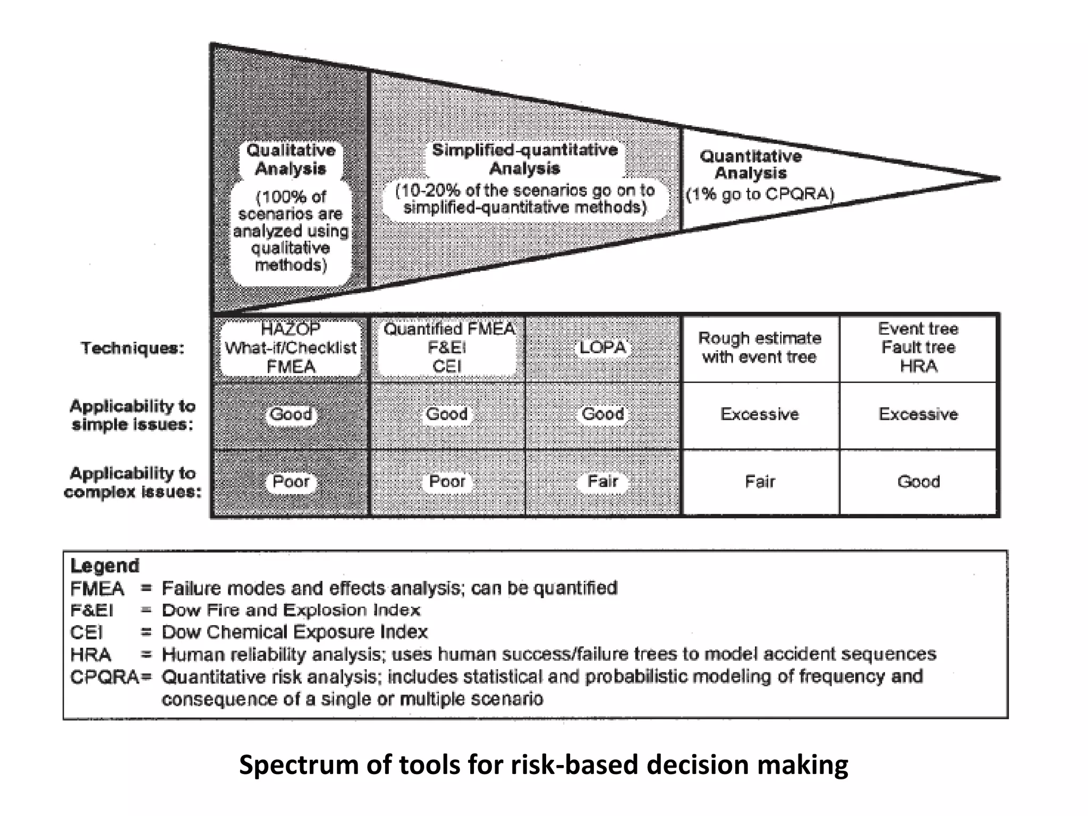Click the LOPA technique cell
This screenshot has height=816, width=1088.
point(602,348)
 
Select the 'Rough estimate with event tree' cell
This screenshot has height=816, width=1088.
point(760,347)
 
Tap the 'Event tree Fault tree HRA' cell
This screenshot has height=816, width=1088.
point(918,347)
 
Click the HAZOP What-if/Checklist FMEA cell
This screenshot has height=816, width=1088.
point(291,348)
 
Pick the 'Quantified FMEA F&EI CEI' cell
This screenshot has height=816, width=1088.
point(447,348)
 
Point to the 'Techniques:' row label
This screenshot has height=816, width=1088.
point(132,348)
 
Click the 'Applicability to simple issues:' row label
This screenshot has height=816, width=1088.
point(133,415)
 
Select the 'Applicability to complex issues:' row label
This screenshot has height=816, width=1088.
point(133,482)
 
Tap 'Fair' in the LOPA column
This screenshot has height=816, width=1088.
point(602,482)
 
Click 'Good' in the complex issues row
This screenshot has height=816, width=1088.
point(918,482)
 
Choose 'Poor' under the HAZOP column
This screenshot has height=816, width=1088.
point(291,482)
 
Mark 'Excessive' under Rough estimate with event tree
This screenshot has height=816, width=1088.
point(760,414)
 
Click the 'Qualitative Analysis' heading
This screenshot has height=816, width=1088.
point(291,159)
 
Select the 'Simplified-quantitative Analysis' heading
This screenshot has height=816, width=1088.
point(525,159)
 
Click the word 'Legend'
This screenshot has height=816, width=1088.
point(105,566)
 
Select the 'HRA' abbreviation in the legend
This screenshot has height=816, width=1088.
point(90,654)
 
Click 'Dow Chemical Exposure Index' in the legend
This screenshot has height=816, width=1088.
point(294,632)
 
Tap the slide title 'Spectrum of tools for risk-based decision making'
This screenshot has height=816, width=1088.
point(543,766)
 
